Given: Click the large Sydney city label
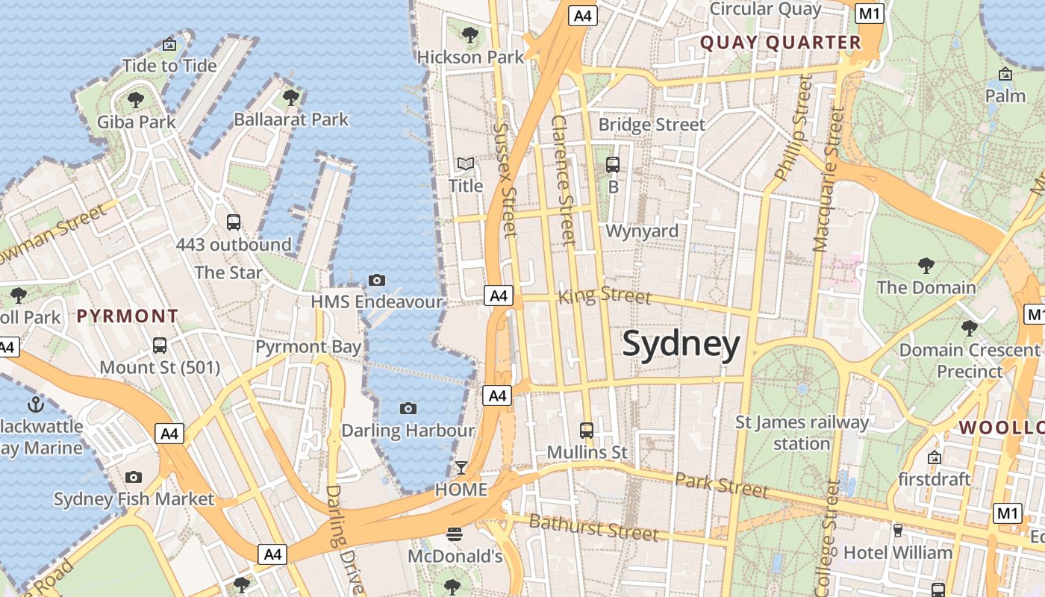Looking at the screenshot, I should coord(681,345).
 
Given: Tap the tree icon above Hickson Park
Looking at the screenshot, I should coord(470,34).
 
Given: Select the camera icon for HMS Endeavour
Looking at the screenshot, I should coord(377,281).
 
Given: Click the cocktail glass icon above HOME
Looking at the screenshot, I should coord(461,468).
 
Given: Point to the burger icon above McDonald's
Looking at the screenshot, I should coord(455,534).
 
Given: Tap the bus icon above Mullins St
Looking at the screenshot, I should coord(587,430).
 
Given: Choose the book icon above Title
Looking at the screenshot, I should coord(466,163).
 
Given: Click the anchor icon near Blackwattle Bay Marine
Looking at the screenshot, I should coord(35,404).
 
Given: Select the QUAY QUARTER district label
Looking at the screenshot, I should coord(780,43).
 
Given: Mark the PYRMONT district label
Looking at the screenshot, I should coord(128,316).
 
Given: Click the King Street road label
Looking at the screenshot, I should coord(605,296).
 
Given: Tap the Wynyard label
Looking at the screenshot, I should coord(642,231).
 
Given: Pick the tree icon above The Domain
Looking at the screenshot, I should coord(926,265).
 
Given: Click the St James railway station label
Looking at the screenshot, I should coord(802,433).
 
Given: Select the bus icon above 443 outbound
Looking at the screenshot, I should coord(234,222).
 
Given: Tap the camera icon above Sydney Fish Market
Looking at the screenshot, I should coord(134,477).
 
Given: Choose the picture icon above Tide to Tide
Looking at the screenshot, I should coord(169,44).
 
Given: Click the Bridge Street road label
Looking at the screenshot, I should coord(652,125).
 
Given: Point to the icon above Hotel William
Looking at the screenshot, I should coord(897,531).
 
